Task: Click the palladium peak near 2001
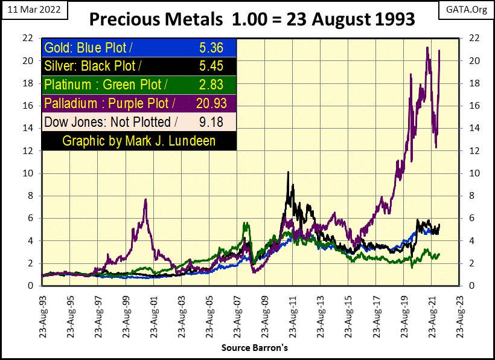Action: [145, 200]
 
